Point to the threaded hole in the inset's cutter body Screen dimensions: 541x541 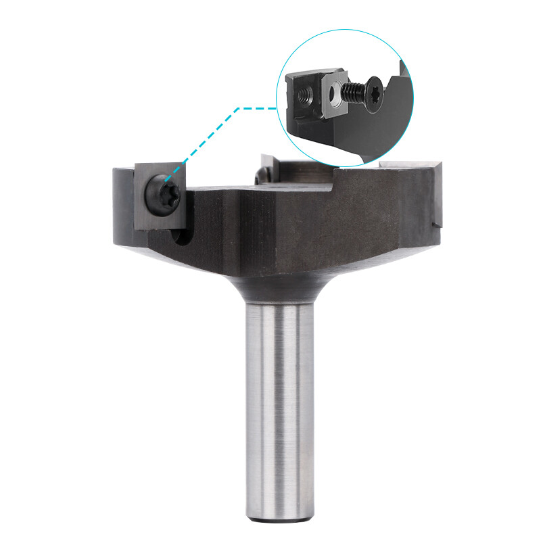(302, 95)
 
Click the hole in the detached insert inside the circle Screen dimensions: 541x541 (333, 95)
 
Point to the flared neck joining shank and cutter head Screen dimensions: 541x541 (274, 287)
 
